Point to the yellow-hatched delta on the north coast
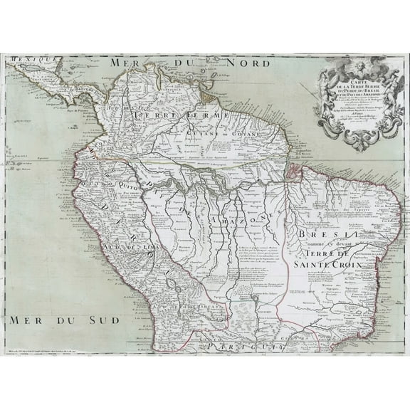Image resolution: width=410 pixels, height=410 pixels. click(x=207, y=92)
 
